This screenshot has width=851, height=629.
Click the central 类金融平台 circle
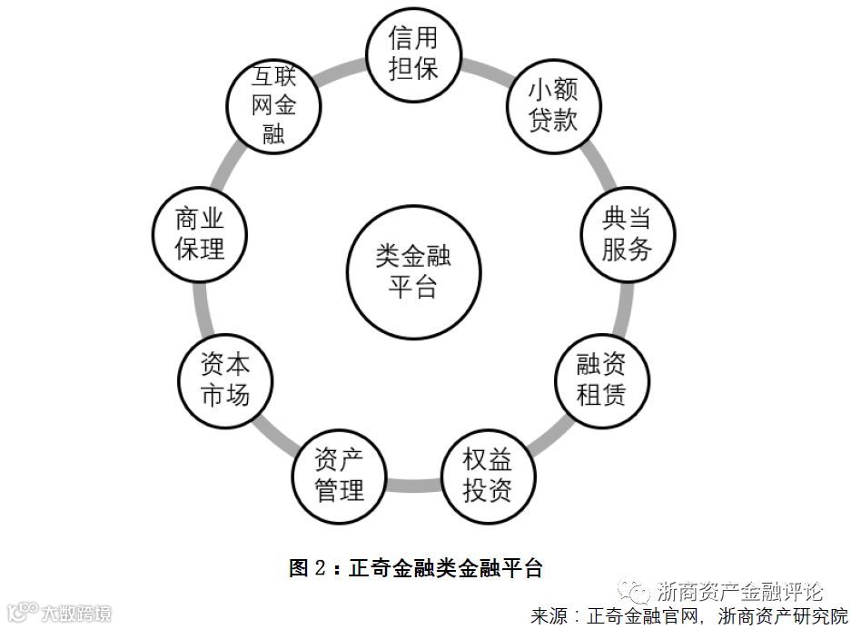(x=413, y=272)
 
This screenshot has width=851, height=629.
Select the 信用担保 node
(x=413, y=54)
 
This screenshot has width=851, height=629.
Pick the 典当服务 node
(x=627, y=233)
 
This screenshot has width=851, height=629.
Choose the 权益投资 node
(x=488, y=476)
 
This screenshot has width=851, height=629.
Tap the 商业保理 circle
(x=199, y=233)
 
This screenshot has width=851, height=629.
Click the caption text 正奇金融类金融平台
(x=445, y=569)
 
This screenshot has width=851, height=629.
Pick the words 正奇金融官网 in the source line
(x=645, y=616)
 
